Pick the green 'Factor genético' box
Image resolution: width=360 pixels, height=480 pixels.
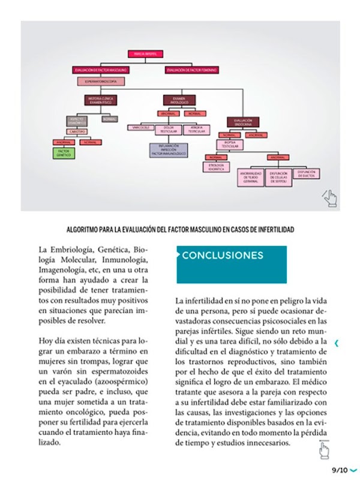[x=64, y=153]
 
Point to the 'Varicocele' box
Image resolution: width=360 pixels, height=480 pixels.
[x=140, y=127]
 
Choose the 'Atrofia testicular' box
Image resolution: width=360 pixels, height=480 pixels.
[x=197, y=129]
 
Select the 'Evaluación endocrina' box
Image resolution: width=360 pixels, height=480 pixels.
[x=243, y=122]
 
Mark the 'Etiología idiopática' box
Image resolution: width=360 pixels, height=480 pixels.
[x=217, y=167]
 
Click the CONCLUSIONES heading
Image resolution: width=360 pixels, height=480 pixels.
[x=223, y=255]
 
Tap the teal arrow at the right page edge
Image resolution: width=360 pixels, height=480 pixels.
[x=337, y=343]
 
